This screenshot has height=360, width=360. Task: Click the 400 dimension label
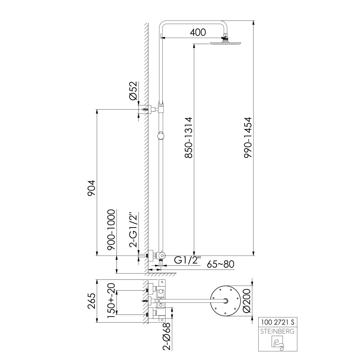click(198, 32)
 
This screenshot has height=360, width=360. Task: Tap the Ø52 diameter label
click(133, 91)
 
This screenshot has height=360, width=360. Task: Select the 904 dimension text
click(91, 188)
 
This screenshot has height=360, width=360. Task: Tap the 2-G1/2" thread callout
click(133, 229)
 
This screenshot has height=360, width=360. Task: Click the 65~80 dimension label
click(220, 264)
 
